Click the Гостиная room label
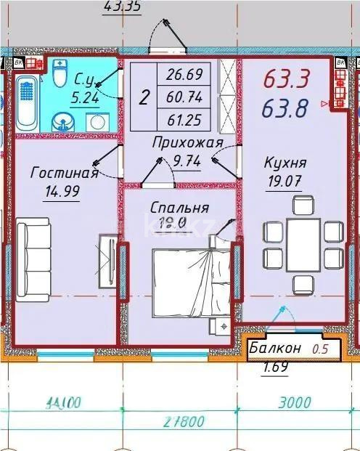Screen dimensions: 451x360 click(x=65, y=172)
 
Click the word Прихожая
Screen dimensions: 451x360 click(x=187, y=143)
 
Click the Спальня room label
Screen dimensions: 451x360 click(x=180, y=208)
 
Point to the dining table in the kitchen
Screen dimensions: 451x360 click(x=301, y=244)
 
